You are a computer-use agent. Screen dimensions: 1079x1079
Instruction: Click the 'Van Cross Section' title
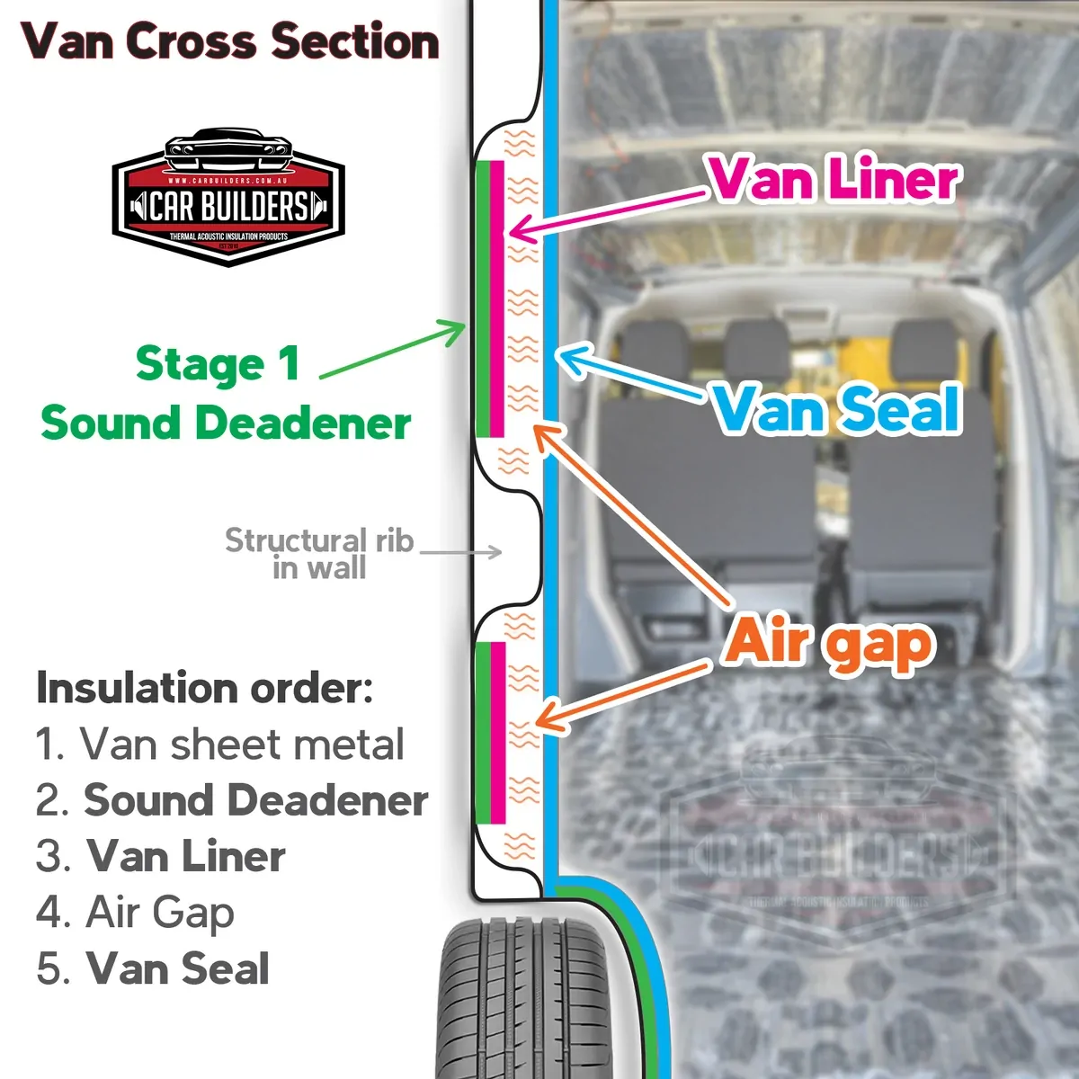(230, 41)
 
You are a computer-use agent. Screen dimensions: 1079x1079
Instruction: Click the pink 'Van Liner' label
(833, 178)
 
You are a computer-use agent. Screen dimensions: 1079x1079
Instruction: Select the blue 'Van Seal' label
(836, 410)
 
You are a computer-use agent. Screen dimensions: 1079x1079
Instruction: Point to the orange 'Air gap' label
(829, 642)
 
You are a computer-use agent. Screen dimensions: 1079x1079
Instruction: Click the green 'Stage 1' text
(217, 365)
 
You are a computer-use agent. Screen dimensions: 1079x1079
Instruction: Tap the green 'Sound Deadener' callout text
(226, 423)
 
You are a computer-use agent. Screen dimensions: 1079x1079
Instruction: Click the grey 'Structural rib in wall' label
(318, 553)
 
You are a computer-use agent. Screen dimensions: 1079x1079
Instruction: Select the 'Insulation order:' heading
(204, 689)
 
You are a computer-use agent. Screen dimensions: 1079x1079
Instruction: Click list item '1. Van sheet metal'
(220, 745)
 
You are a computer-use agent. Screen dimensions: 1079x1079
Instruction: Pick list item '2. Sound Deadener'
(232, 800)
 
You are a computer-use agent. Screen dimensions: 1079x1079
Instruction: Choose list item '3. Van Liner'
(161, 856)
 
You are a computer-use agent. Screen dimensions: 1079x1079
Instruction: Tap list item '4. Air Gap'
(136, 913)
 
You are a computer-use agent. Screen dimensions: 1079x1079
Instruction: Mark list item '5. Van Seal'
(153, 968)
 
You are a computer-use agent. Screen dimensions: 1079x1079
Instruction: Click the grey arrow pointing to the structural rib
(460, 551)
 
